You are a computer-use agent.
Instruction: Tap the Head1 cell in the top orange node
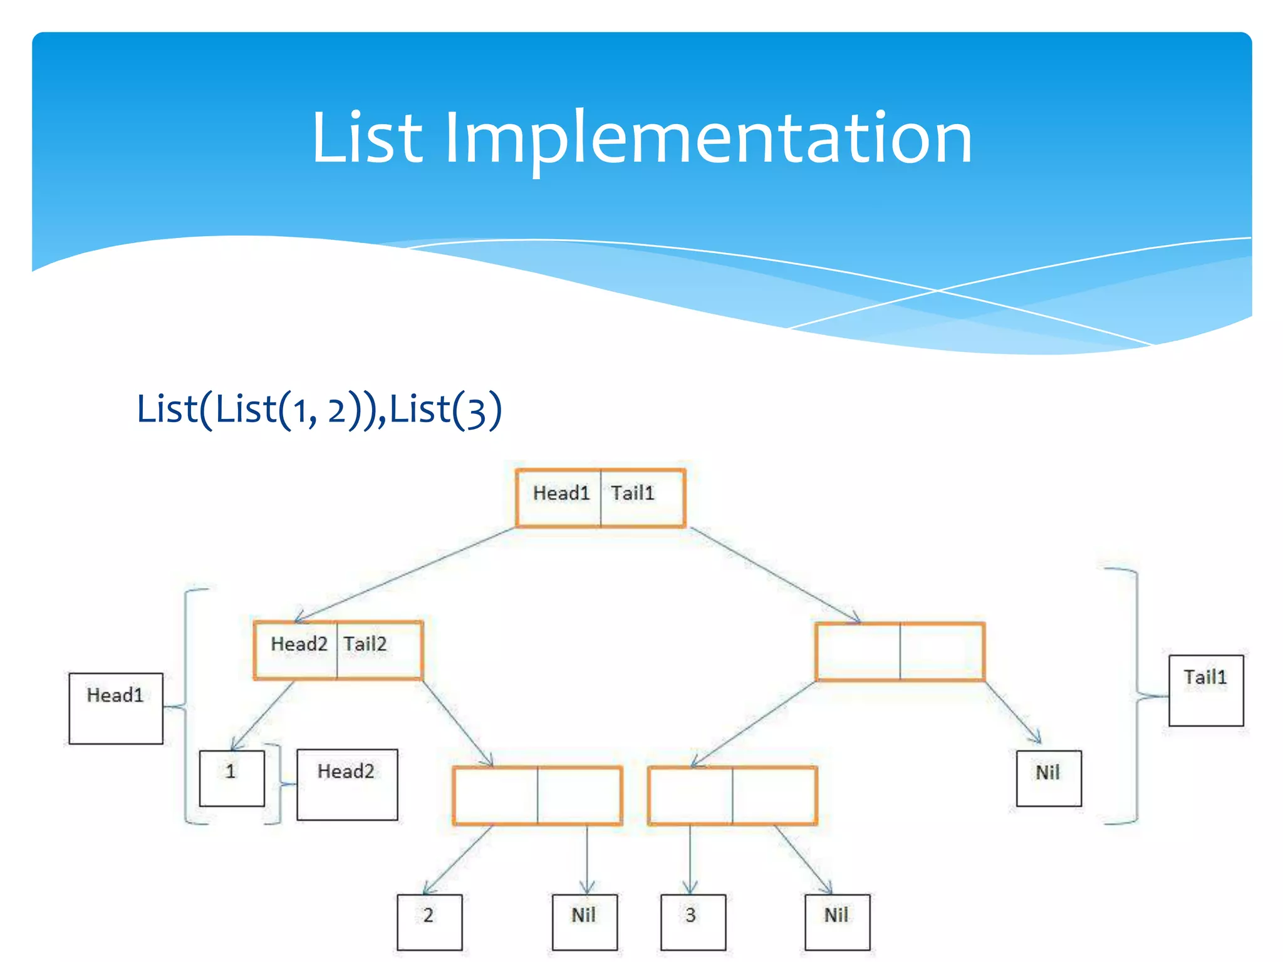(x=559, y=498)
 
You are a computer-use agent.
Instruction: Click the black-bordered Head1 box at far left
(x=116, y=708)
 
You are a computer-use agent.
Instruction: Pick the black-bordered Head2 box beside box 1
(x=347, y=784)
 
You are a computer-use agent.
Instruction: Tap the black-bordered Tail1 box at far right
(x=1206, y=690)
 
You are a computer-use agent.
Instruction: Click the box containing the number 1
(x=232, y=778)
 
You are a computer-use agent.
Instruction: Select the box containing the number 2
(x=430, y=922)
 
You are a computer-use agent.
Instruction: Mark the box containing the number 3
(x=693, y=922)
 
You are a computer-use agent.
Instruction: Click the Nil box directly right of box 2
(x=584, y=922)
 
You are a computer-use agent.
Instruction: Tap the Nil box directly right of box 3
(x=837, y=922)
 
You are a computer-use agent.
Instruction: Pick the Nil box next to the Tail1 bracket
(x=1049, y=778)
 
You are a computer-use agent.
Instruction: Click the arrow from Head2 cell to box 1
(x=263, y=715)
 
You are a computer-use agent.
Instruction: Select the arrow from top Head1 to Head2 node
(x=404, y=574)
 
